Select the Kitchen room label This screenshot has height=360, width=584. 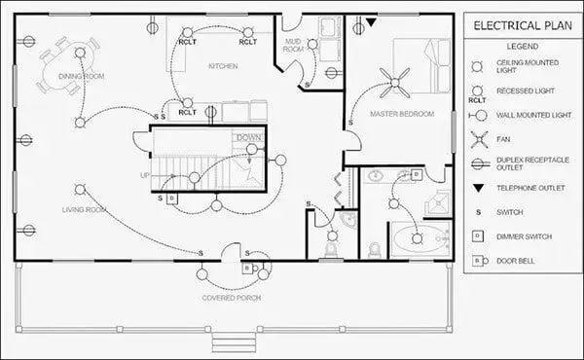tap(223, 66)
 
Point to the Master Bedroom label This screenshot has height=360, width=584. tap(402, 114)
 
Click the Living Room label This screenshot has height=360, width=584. tap(84, 209)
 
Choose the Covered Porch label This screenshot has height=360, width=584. tap(230, 297)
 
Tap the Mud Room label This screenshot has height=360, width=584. tap(292, 47)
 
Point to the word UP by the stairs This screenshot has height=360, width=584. tap(145, 176)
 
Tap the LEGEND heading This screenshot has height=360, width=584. tap(522, 46)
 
